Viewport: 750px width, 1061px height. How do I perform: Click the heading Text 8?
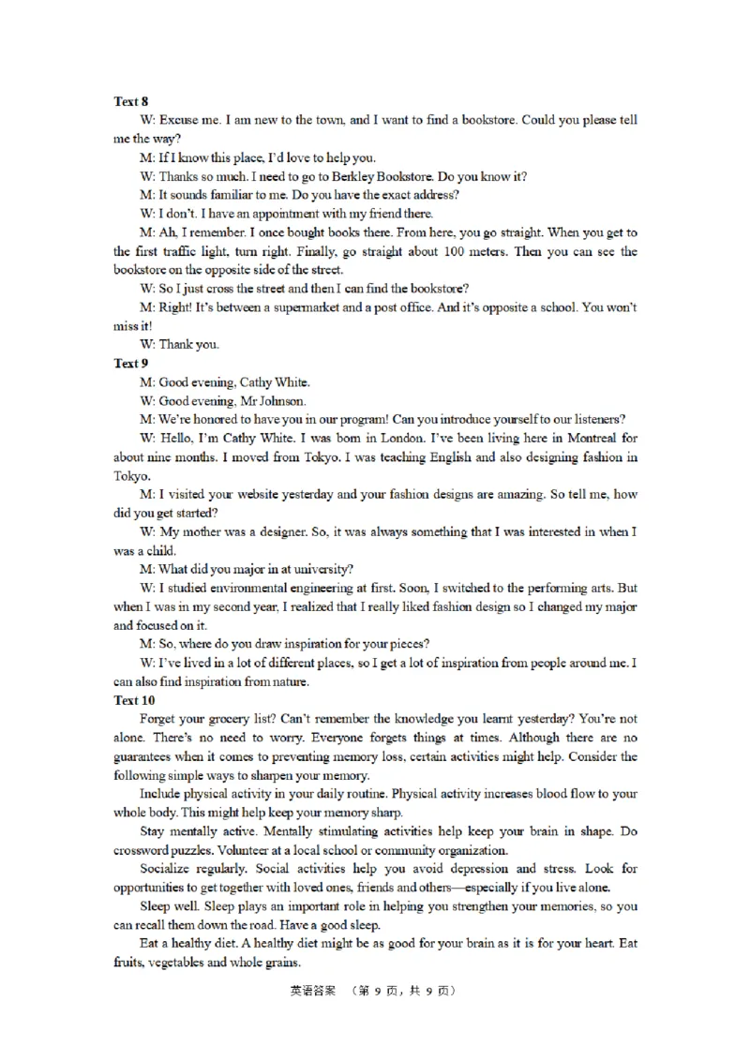130,101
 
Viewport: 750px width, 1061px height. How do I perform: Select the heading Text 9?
130,363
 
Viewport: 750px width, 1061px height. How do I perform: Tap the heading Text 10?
134,700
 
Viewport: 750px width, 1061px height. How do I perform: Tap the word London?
362,438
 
